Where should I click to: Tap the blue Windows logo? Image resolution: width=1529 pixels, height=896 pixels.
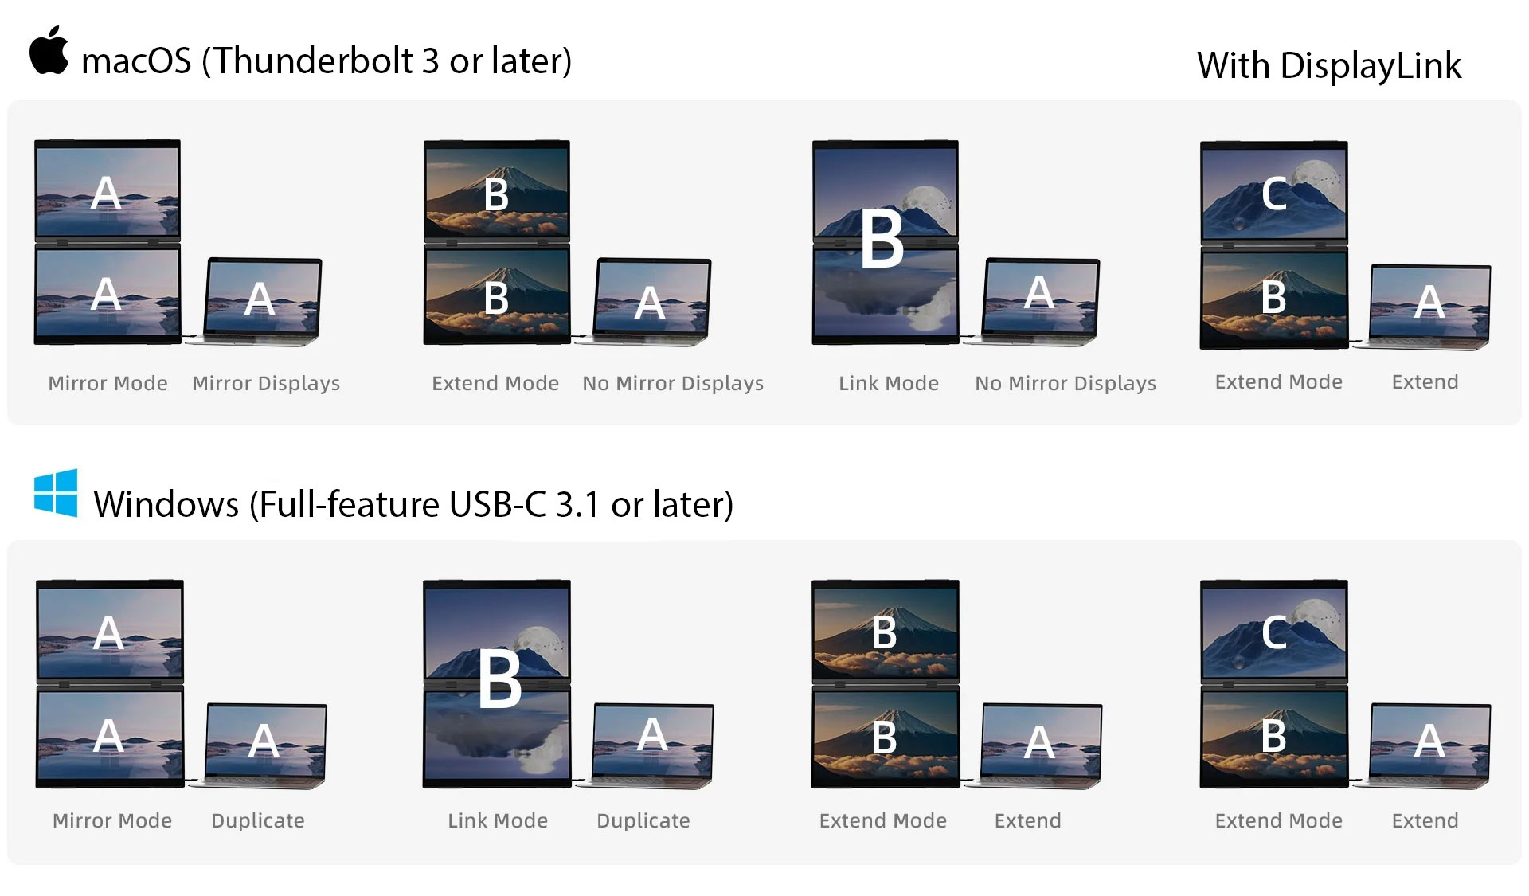click(56, 493)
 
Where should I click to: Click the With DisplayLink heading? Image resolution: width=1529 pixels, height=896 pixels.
click(1328, 65)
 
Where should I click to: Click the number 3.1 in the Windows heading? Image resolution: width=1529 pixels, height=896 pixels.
click(577, 504)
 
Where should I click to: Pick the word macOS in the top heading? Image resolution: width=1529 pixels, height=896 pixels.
click(136, 61)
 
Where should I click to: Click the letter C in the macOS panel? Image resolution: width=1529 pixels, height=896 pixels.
click(1274, 194)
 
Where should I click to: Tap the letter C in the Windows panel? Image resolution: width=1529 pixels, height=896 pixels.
click(1274, 633)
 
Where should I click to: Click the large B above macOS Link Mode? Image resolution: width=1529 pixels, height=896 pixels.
click(882, 240)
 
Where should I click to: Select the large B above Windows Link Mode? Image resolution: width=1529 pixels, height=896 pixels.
click(499, 679)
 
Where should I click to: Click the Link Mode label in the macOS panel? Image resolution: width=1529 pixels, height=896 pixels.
click(889, 383)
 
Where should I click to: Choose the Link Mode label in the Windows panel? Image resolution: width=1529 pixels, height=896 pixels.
click(498, 820)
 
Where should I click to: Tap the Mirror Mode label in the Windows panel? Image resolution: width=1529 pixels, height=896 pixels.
click(112, 820)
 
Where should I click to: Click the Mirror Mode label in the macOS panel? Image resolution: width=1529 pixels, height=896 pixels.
click(108, 383)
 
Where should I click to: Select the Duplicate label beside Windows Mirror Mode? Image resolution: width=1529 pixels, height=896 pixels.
click(258, 820)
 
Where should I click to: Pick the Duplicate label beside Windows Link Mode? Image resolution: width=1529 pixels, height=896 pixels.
click(643, 820)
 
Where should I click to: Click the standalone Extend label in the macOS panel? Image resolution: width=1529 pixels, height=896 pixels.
click(1425, 381)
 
